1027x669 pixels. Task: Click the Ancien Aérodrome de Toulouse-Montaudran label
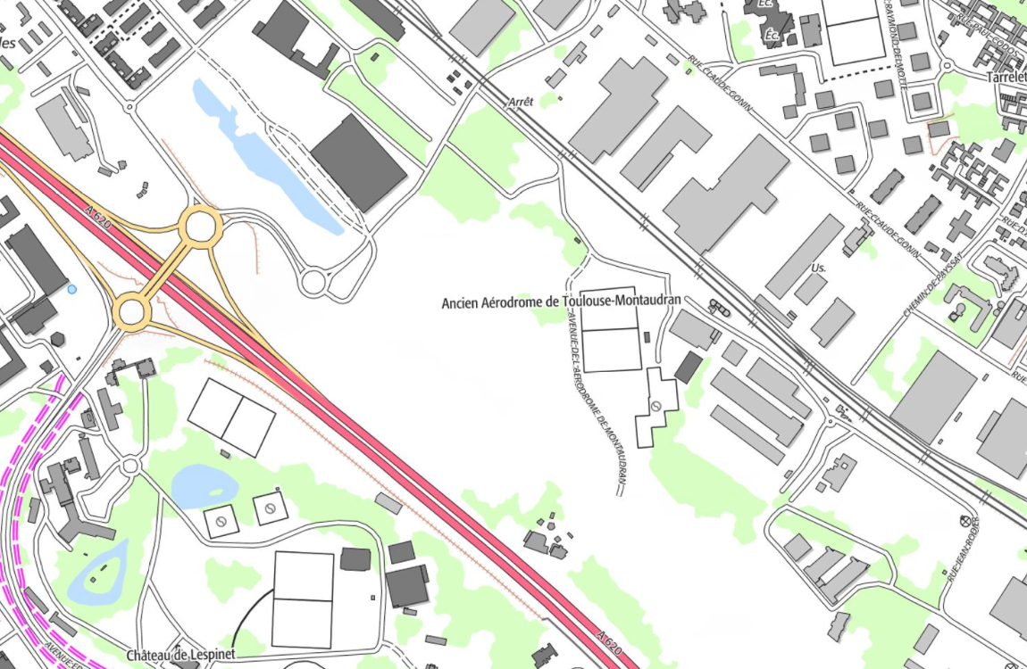(x=561, y=302)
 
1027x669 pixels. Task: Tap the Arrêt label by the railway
(x=520, y=102)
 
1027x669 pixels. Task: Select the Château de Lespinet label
(x=180, y=656)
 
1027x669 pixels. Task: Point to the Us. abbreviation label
(x=819, y=268)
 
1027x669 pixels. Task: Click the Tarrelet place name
(x=1006, y=78)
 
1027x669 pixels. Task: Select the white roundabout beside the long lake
(x=313, y=283)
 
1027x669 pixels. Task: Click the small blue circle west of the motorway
(x=72, y=289)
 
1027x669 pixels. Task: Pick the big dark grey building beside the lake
(x=358, y=162)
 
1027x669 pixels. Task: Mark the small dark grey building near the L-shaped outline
(x=689, y=367)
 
